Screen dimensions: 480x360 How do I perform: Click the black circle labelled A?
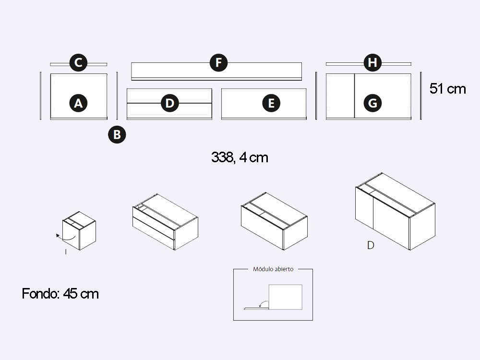click(78, 103)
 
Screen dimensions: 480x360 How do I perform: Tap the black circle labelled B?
click(117, 134)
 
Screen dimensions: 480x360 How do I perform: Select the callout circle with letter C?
click(78, 62)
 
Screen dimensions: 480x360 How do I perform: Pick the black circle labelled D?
click(169, 103)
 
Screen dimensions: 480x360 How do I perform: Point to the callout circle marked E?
click(271, 103)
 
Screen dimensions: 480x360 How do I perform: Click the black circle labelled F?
click(218, 62)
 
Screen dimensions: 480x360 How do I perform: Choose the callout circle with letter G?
click(372, 103)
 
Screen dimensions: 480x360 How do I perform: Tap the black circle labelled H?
click(372, 62)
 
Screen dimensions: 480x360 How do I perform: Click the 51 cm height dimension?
click(447, 89)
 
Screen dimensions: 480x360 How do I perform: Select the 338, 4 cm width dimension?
click(240, 157)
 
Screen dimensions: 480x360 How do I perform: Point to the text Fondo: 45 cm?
click(60, 294)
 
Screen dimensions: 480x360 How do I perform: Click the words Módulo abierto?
click(273, 269)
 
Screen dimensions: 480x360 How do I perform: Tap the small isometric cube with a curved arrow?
click(79, 230)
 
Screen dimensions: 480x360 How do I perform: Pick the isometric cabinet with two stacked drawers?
click(165, 222)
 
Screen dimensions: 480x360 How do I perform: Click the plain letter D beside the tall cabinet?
click(371, 245)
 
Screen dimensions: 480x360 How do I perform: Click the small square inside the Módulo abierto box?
click(285, 297)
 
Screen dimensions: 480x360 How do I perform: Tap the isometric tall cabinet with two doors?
click(395, 211)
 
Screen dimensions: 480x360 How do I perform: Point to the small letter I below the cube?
click(66, 252)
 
